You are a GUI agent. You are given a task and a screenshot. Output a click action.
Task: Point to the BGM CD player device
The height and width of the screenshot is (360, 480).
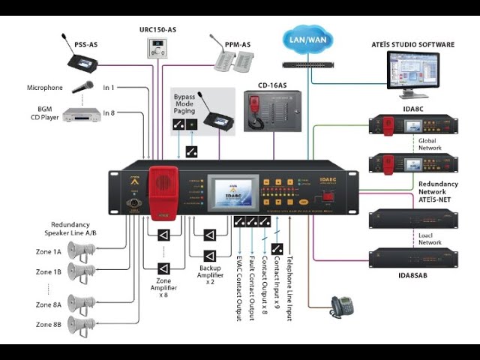(x=82, y=115)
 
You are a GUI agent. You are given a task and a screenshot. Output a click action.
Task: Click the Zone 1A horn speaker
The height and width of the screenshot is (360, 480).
(x=80, y=252)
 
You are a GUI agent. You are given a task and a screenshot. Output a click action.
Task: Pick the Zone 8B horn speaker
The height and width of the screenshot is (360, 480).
(x=80, y=324)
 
